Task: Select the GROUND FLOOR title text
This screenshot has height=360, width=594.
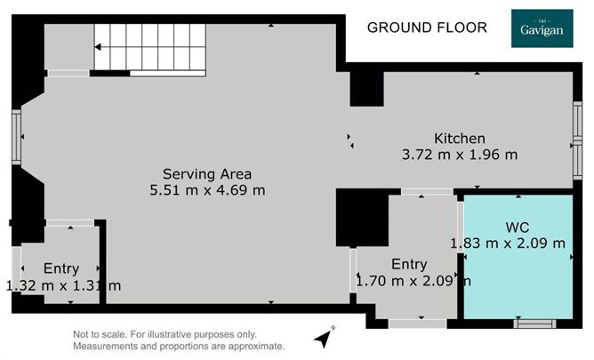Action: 427,28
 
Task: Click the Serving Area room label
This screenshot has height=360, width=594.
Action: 207,173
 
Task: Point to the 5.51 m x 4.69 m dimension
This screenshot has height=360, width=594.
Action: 207,189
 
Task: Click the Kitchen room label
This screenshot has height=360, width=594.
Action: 459,139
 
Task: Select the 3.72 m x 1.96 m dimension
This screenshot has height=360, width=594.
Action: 459,154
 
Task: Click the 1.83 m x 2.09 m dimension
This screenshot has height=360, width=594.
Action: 508,243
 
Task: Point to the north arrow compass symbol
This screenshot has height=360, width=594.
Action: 325,337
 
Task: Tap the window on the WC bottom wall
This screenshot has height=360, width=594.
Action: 534,324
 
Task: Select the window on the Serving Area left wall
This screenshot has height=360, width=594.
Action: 18,138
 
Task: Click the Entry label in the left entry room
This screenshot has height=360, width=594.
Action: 60,268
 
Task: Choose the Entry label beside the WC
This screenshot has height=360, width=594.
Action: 409,265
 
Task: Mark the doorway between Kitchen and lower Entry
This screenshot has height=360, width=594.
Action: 425,192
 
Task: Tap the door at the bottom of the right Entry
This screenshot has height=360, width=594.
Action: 418,322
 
